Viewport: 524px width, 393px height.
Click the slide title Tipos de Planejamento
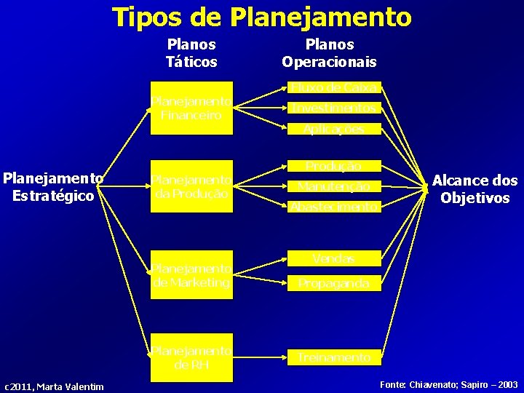[261, 16]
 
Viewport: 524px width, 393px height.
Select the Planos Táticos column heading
[191, 53]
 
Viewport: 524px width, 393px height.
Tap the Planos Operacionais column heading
[329, 53]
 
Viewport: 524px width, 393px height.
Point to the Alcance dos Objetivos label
[475, 189]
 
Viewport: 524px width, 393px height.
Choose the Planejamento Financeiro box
[191, 108]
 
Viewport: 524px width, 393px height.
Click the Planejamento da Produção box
[191, 186]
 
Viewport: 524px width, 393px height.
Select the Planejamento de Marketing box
[191, 276]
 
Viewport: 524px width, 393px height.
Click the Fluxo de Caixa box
[334, 88]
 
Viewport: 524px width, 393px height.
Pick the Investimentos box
[334, 108]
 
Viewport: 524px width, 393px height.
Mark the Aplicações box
[334, 129]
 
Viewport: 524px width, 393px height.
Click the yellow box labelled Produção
[334, 167]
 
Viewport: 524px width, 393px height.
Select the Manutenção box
[334, 186]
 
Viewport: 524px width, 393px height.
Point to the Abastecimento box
[334, 207]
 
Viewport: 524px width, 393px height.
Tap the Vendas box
[334, 258]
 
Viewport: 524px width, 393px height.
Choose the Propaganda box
[334, 283]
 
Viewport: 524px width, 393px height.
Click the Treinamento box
[334, 357]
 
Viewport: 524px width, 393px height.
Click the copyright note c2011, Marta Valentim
[54, 386]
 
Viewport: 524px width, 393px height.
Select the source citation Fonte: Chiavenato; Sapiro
[448, 384]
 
